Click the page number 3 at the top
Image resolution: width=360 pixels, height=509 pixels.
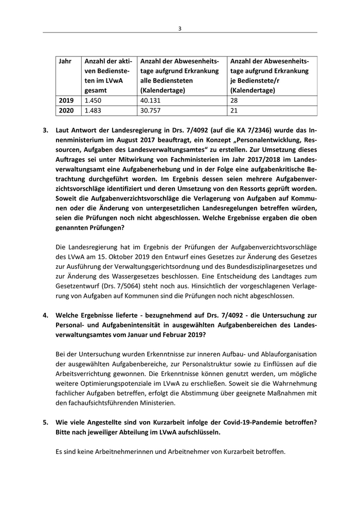coord(180,28)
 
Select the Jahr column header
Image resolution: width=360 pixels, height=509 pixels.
coord(65,61)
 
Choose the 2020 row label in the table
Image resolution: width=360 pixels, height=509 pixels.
coord(67,110)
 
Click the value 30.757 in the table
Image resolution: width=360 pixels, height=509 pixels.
coord(151,110)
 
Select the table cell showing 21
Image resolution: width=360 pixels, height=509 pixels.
coord(235,110)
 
